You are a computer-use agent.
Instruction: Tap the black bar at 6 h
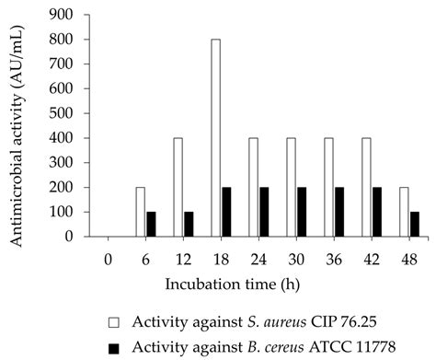152,224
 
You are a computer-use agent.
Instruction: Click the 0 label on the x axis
108,251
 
